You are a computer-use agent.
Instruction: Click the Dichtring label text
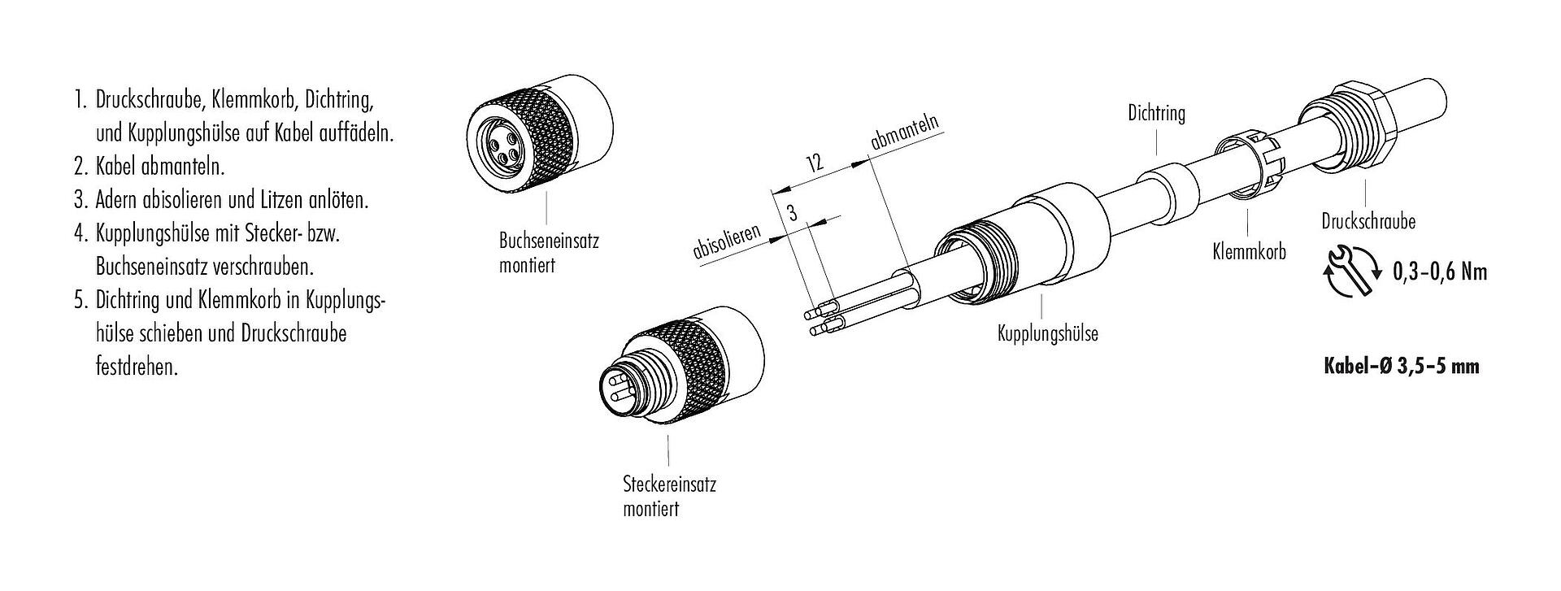(x=1156, y=114)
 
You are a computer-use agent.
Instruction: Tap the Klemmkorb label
(x=1249, y=252)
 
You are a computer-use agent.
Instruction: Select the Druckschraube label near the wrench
(x=1368, y=221)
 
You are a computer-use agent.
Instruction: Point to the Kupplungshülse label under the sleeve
(x=1047, y=333)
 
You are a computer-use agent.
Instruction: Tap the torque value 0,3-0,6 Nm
(x=1439, y=272)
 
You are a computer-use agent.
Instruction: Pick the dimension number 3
(x=792, y=214)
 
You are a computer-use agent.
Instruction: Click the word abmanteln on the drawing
(x=904, y=132)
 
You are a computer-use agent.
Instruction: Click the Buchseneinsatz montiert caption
(x=548, y=253)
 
